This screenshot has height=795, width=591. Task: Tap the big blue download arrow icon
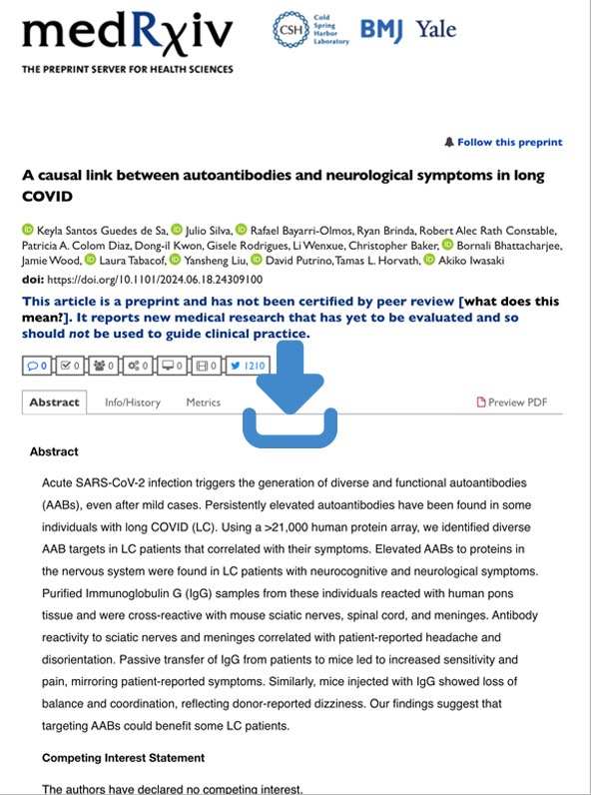tap(291, 394)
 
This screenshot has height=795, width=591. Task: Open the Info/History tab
tap(132, 402)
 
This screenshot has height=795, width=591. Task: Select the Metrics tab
tap(203, 402)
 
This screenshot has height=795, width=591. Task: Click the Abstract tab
tap(54, 402)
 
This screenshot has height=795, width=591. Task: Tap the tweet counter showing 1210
tap(249, 366)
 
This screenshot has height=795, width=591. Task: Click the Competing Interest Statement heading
tap(123, 758)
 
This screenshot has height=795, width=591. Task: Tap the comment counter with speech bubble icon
tap(37, 366)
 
